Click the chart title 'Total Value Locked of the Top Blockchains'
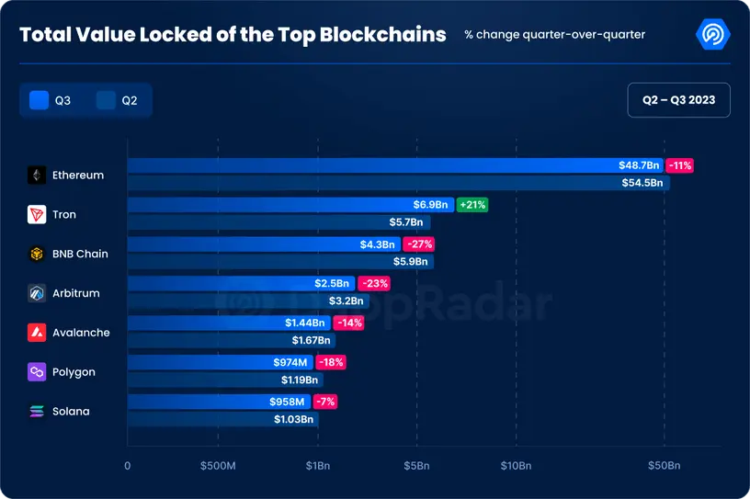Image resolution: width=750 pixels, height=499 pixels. point(233,35)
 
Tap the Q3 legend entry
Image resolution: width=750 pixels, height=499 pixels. point(51,100)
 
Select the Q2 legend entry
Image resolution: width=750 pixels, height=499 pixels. point(118,100)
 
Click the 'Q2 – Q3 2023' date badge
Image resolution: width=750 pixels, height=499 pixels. point(678,99)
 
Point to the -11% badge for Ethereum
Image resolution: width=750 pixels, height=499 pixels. point(680,165)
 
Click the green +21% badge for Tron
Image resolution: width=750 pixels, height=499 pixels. point(472,205)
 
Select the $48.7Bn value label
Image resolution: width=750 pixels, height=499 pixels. point(639,165)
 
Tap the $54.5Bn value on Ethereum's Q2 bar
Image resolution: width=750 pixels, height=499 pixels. point(642,183)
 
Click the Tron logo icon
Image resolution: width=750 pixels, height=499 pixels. point(37,214)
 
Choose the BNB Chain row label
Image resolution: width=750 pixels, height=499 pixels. point(80,254)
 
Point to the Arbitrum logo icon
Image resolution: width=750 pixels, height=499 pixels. point(37,293)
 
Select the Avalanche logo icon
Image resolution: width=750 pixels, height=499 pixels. point(37,333)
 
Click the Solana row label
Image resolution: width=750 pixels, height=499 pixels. point(71,412)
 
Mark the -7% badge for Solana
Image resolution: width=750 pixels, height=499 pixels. point(324,402)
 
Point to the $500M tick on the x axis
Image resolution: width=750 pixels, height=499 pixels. point(218,466)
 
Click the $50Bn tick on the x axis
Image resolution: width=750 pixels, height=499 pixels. point(664,466)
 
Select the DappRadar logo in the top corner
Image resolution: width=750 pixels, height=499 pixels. point(714,35)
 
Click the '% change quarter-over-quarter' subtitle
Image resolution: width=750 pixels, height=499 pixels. point(554,35)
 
